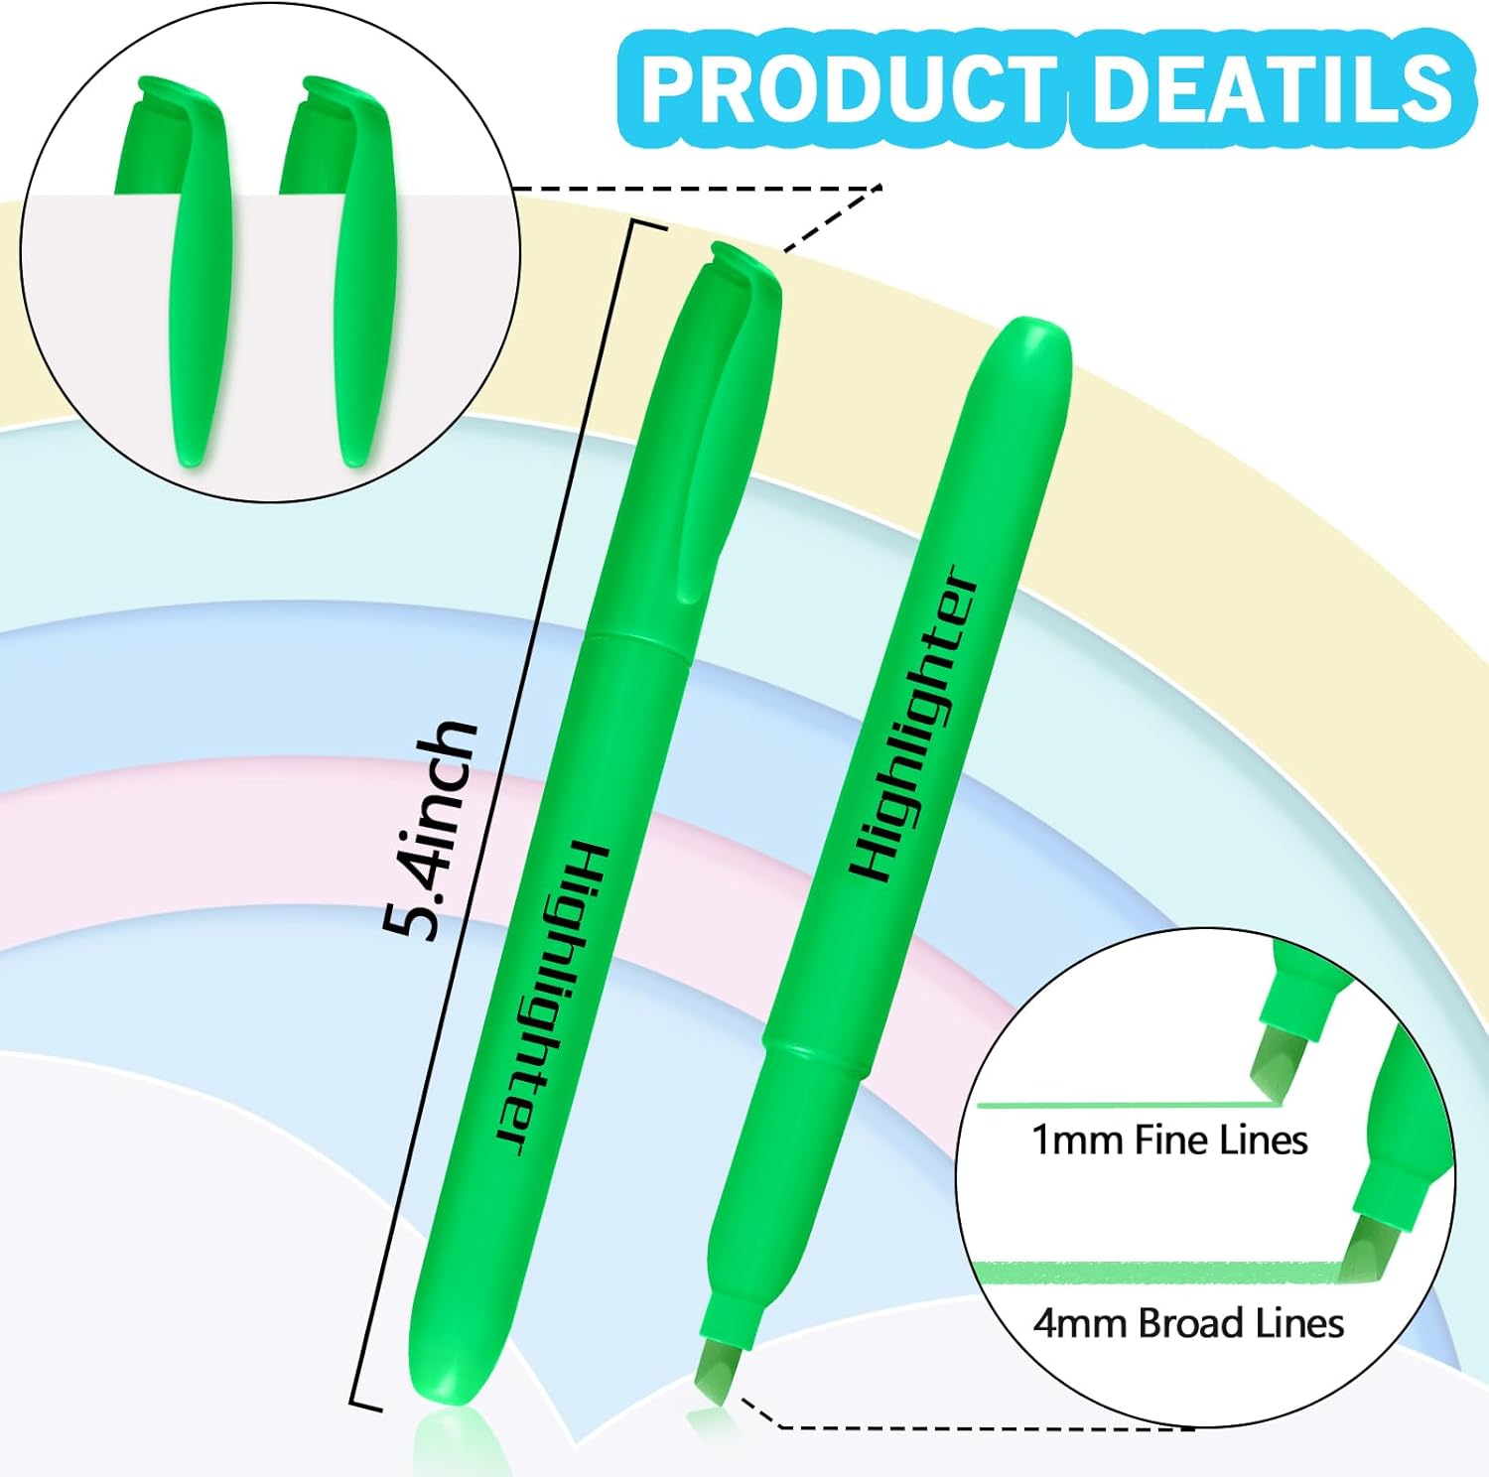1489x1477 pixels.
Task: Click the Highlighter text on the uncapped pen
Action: tap(914, 725)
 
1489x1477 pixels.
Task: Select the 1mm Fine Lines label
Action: tap(1169, 1141)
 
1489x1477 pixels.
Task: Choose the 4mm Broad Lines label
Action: tap(1188, 1323)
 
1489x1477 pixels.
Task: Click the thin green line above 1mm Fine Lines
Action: tap(1122, 1104)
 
